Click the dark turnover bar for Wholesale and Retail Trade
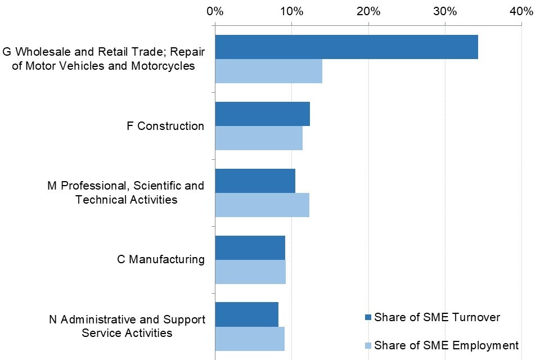[346, 47]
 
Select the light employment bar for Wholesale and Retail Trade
[268, 71]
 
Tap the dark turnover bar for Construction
[262, 114]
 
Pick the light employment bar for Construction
[259, 138]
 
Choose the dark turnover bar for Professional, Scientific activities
[255, 181]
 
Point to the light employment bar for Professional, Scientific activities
[262, 205]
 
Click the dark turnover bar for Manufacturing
[250, 247]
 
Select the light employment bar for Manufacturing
[250, 272]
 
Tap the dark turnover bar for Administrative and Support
[246, 314]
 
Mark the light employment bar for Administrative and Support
[250, 338]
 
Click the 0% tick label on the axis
[215, 11]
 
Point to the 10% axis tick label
[291, 11]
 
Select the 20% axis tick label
[368, 11]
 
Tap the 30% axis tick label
[445, 11]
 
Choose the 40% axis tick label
[521, 11]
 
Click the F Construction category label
[165, 126]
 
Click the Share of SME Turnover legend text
[437, 317]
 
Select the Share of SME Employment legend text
[446, 345]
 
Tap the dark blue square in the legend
[368, 318]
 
